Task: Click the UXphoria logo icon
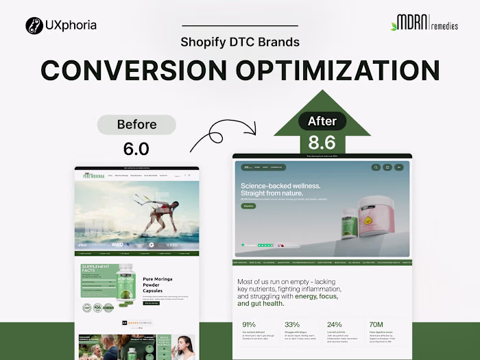click(x=34, y=26)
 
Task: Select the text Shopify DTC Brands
click(x=240, y=42)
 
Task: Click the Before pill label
click(x=136, y=125)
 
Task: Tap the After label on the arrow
click(x=322, y=121)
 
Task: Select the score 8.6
click(x=322, y=142)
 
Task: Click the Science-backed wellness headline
click(x=280, y=190)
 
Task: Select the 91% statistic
click(x=249, y=324)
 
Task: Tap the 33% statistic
click(x=292, y=324)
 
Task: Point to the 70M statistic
click(x=376, y=324)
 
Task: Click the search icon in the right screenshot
click(x=376, y=167)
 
